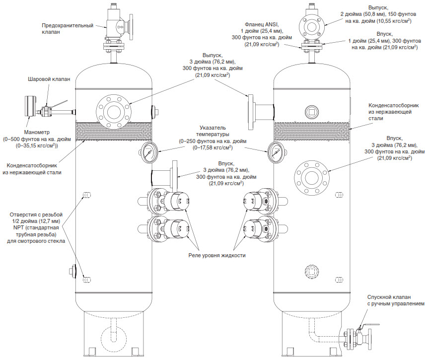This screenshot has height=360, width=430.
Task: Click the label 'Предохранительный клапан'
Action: (68, 28)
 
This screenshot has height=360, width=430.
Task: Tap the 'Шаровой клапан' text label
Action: (49, 79)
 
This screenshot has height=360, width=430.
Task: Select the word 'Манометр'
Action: (37, 132)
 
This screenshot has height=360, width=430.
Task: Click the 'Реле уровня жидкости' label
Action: (217, 256)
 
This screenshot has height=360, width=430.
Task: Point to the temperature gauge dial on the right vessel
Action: (275, 152)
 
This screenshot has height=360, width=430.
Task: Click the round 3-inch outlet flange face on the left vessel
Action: (114, 112)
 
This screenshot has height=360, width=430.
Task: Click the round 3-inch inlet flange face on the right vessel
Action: (311, 178)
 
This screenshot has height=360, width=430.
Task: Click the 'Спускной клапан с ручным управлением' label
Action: (396, 300)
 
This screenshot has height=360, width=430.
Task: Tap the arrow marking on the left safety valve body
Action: (120, 27)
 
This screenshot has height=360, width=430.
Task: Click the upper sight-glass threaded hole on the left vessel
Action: (87, 195)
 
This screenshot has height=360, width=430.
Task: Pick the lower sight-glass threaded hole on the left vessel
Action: (87, 280)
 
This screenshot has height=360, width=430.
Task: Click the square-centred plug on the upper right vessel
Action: (312, 111)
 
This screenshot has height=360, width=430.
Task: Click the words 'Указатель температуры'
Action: (213, 131)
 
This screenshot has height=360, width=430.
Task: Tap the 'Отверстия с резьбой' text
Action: (36, 215)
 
